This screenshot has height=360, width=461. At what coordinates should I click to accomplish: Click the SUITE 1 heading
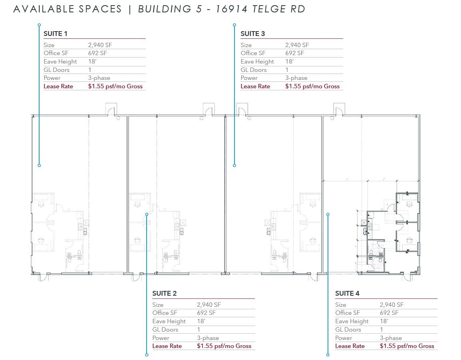tap(56, 34)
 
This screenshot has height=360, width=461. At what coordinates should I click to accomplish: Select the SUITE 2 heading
tap(164, 293)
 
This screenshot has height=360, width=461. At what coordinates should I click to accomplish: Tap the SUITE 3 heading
tap(252, 34)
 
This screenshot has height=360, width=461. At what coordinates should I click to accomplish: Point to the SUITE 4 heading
tap(347, 293)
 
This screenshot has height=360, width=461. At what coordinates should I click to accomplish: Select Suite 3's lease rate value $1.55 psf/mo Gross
tap(312, 86)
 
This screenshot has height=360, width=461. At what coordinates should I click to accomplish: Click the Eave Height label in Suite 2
tap(169, 321)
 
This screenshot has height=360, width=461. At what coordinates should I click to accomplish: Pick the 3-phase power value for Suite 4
tap(391, 338)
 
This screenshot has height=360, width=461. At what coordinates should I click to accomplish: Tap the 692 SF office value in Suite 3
tap(294, 53)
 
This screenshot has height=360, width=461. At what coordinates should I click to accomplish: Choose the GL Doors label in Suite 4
tap(348, 330)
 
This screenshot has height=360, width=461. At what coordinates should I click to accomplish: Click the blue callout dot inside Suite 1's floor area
tap(39, 165)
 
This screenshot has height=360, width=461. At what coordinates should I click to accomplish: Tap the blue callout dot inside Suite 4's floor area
tap(328, 215)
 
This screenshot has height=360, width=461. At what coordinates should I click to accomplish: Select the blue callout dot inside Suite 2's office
tap(147, 215)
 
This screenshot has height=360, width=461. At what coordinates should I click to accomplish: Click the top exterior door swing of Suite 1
tap(111, 109)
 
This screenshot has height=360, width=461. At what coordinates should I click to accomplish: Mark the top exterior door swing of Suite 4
tap(339, 109)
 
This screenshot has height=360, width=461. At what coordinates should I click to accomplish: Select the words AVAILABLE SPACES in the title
tap(68, 9)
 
